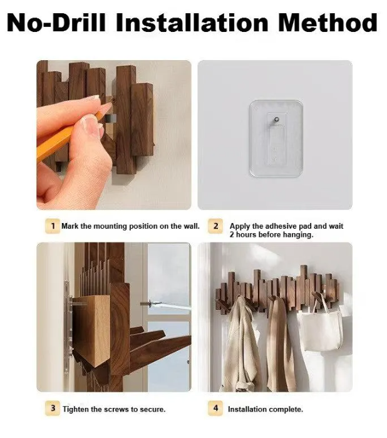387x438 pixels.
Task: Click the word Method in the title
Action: pyautogui.click(x=328, y=23)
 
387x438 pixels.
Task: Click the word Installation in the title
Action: pyautogui.click(x=192, y=23)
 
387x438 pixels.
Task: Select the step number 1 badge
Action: pyautogui.click(x=53, y=226)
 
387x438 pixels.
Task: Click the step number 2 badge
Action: pyautogui.click(x=215, y=226)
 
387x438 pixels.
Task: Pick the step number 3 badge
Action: pyautogui.click(x=53, y=409)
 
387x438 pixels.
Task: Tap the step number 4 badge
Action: pyautogui.click(x=215, y=409)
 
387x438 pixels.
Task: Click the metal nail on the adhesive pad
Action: pyautogui.click(x=276, y=120)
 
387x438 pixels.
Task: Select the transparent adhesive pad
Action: pyautogui.click(x=276, y=138)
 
